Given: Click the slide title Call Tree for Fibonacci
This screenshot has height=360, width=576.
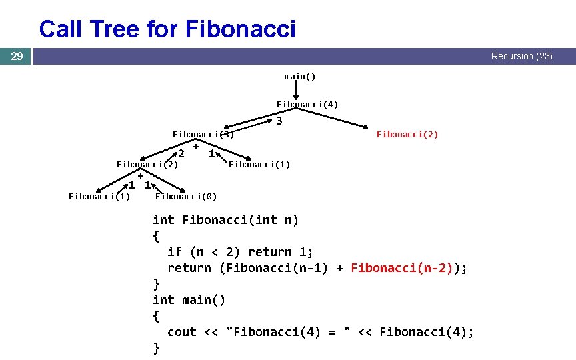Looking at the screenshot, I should point(167,29).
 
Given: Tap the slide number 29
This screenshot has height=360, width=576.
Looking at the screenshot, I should point(17,57).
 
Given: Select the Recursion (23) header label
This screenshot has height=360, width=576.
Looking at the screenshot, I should point(521,57).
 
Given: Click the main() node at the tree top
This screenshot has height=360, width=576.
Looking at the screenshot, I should point(300,77).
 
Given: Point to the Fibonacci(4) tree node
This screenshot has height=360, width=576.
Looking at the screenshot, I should point(307,105).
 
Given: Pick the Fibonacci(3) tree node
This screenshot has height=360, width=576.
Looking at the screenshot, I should point(203,135).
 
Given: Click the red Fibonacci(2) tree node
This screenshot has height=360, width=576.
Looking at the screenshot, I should point(407,135).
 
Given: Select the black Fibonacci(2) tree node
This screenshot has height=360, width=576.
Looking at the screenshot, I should point(147,165).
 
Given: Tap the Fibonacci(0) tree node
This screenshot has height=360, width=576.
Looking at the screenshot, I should point(185,196).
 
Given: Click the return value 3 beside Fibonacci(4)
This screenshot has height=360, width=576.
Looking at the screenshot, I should point(279,121).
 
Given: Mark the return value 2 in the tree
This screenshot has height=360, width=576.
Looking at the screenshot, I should point(181,155).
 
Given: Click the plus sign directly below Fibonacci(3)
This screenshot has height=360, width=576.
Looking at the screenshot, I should point(196,146).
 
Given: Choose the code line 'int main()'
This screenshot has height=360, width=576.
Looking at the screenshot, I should point(189,300).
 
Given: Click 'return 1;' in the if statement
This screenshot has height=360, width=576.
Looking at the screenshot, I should point(280,252).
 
